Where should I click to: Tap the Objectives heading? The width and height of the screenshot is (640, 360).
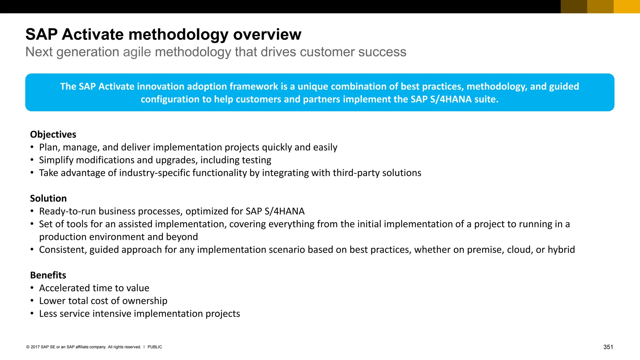pos(53,134)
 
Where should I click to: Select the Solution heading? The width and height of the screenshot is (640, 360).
pos(48,198)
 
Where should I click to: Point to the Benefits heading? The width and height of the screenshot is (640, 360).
pos(48,275)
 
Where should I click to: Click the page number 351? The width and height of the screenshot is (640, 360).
pos(608,347)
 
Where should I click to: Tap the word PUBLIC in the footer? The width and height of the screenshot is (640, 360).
pos(155,347)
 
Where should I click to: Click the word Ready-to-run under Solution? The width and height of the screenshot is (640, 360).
pos(67,211)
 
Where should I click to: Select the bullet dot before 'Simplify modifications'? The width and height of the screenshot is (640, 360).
pos(32,160)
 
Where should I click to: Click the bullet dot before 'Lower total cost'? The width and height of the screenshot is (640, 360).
pos(32,301)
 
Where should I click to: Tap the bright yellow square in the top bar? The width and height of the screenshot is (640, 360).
pos(627,7)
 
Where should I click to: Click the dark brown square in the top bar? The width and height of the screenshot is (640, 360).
pos(574,7)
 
